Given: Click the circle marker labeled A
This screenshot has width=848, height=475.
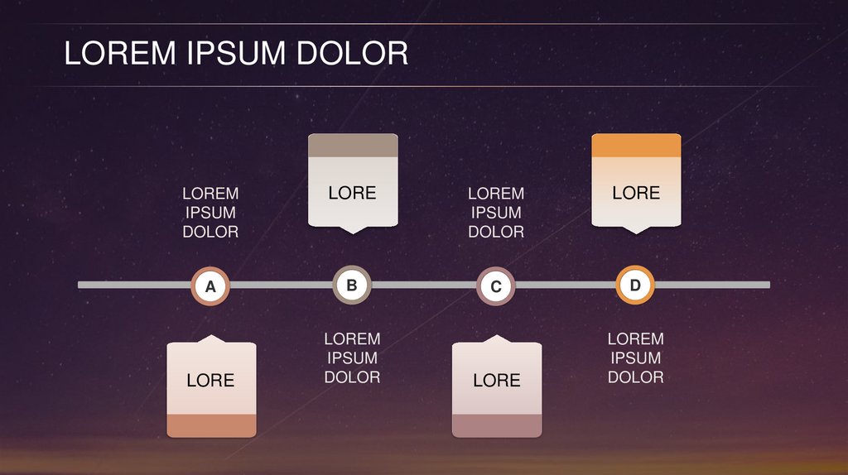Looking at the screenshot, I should point(210,286).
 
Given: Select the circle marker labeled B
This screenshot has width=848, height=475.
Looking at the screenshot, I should point(352,285).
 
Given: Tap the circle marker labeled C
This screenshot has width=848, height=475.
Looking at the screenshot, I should point(496,286).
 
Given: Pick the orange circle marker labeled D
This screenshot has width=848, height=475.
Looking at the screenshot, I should point(635,285).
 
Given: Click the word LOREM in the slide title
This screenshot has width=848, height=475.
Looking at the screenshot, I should point(120,54).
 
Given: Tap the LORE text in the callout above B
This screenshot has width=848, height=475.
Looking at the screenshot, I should point(352,193).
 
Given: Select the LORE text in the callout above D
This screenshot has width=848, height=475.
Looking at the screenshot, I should point(636,193).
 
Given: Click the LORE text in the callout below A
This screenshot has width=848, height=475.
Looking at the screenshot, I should point(210,381).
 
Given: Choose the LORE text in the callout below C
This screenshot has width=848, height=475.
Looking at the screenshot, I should point(496,381).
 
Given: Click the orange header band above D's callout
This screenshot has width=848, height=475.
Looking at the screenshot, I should point(636,146).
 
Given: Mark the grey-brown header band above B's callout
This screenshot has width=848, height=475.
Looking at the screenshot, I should point(353,146).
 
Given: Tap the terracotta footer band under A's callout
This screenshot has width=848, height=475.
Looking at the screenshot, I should point(211,425).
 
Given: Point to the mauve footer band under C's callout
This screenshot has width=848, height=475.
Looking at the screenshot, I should point(496,425).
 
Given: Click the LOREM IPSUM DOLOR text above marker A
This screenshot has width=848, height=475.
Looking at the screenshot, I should point(210,213).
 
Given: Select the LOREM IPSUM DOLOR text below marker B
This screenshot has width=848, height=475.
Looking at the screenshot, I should point(352,358).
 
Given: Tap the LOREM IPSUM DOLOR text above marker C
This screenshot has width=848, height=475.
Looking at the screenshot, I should point(496,213).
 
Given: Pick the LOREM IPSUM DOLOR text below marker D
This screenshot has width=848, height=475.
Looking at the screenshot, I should point(636,358).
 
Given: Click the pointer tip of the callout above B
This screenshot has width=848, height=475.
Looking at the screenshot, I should point(353,231).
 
